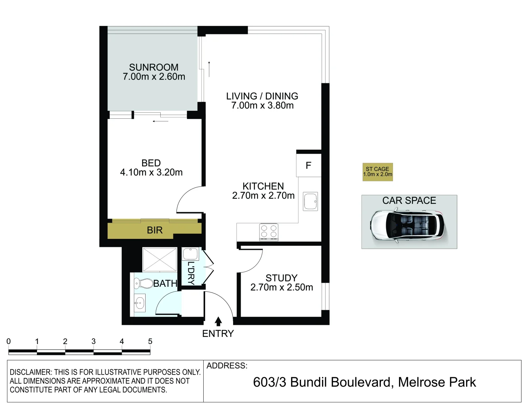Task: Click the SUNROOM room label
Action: pyautogui.click(x=153, y=67)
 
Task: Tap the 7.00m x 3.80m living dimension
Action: pyautogui.click(x=262, y=106)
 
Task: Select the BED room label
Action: pyautogui.click(x=151, y=163)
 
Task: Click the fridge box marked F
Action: pyautogui.click(x=309, y=165)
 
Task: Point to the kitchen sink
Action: pyautogui.click(x=310, y=202)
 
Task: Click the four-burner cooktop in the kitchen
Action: pyautogui.click(x=269, y=231)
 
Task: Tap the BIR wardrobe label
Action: pyautogui.click(x=155, y=230)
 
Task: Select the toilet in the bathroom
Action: pyautogui.click(x=143, y=283)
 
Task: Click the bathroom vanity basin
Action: pyautogui.click(x=140, y=303)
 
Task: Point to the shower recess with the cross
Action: pyautogui.click(x=160, y=260)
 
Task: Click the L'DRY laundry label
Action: pyautogui.click(x=191, y=273)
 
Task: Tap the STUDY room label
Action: pyautogui.click(x=281, y=278)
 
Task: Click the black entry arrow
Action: pyautogui.click(x=218, y=321)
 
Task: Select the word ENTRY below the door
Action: pyautogui.click(x=218, y=334)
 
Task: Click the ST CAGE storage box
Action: pyautogui.click(x=378, y=172)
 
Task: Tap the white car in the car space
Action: pyautogui.click(x=407, y=226)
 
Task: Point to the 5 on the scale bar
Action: pyautogui.click(x=150, y=341)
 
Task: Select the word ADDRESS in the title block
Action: pyautogui.click(x=227, y=366)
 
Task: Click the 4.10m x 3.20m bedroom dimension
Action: pyautogui.click(x=151, y=173)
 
